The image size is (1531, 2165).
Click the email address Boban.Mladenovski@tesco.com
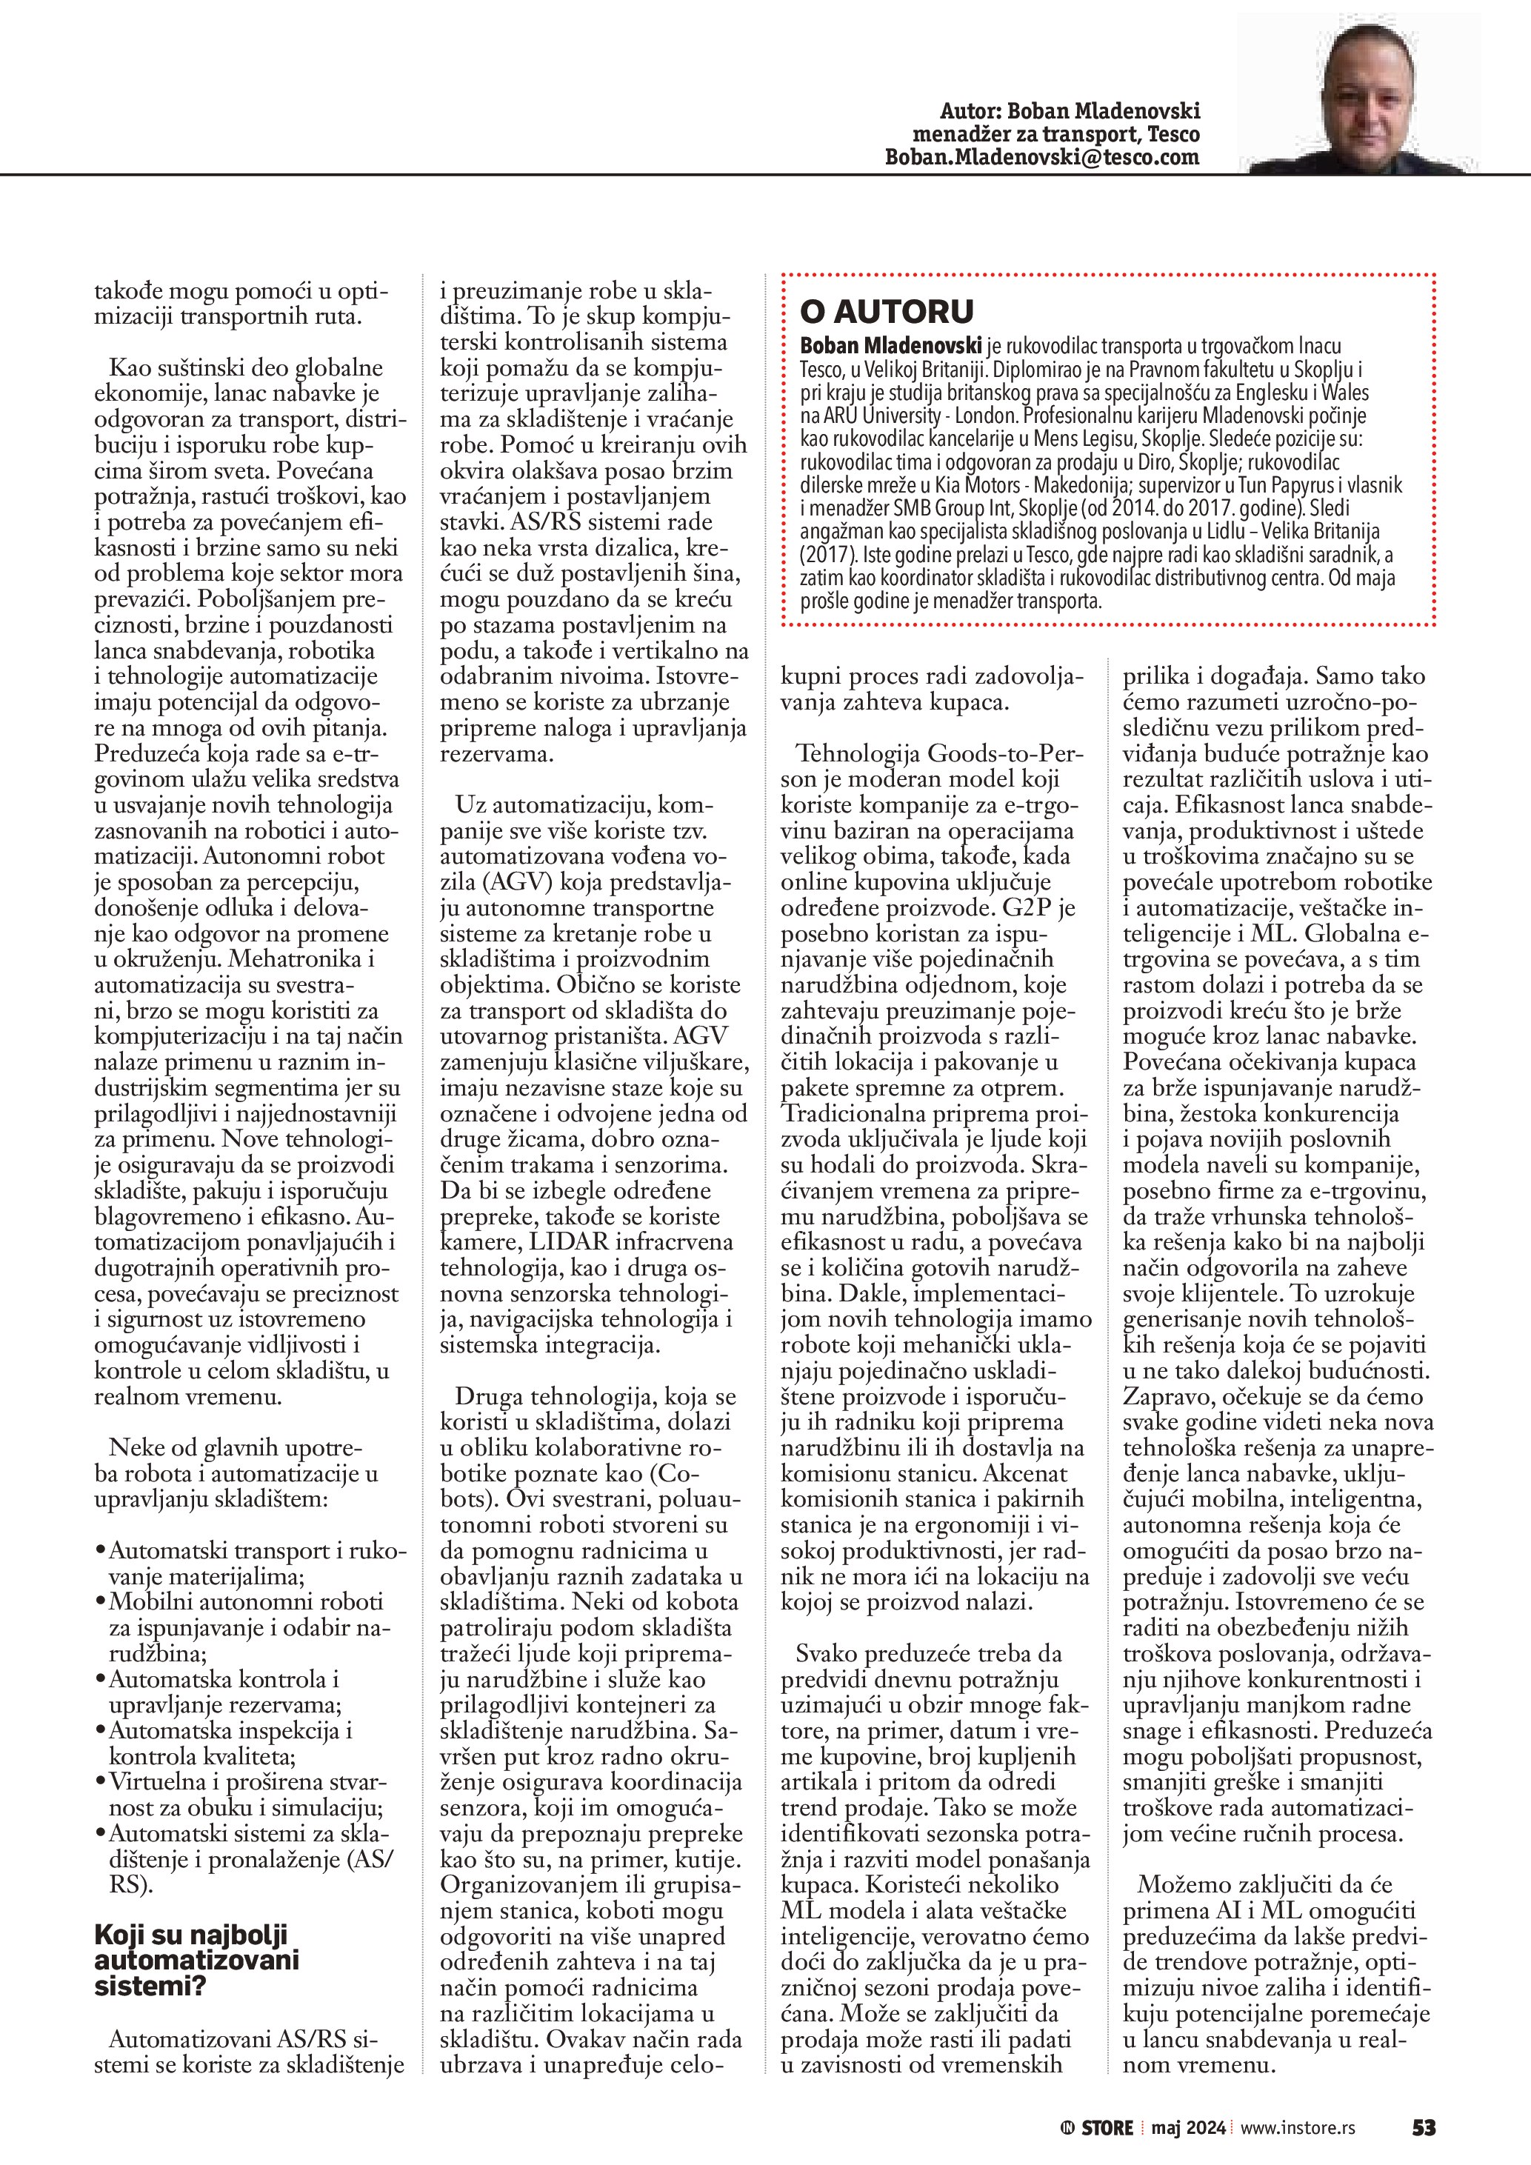(x=1041, y=158)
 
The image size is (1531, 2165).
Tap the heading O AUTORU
(x=874, y=311)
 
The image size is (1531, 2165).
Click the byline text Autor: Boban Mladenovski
(x=1070, y=111)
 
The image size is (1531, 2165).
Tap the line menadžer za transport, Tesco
(x=1056, y=135)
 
